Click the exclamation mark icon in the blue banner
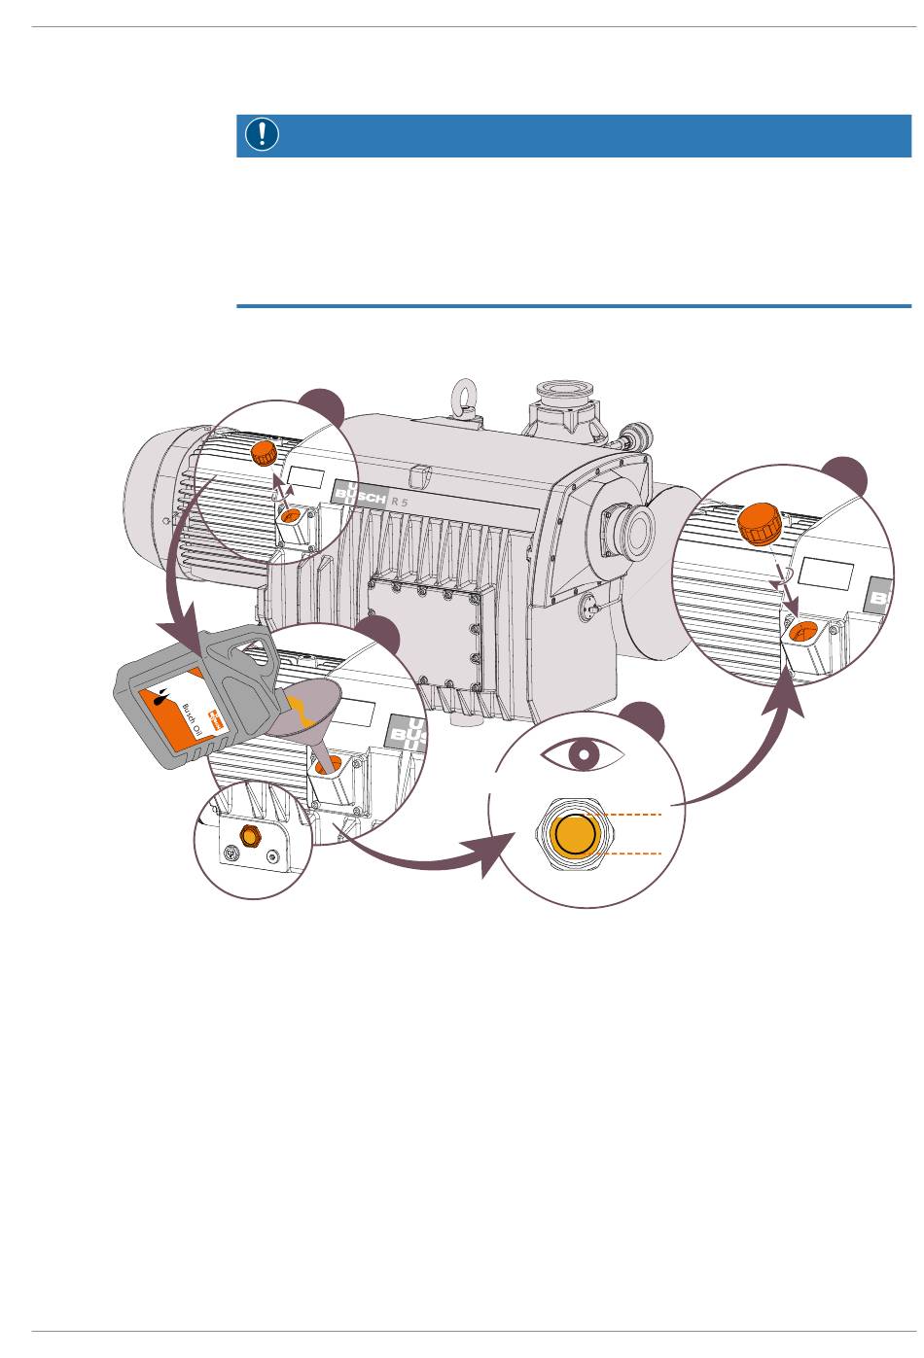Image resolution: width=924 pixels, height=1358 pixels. [262, 134]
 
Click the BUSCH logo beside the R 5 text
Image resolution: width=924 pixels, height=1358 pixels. [359, 493]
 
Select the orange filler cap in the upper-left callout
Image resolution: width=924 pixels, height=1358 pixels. [264, 453]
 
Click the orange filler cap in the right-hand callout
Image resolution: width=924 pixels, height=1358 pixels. [761, 523]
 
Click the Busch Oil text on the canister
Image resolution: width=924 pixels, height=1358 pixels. [192, 719]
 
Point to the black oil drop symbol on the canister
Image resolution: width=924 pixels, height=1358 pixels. [160, 697]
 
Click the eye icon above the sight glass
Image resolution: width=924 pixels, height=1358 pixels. [583, 754]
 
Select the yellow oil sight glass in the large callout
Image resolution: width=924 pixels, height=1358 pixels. [575, 835]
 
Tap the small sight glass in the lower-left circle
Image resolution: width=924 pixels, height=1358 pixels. [249, 837]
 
